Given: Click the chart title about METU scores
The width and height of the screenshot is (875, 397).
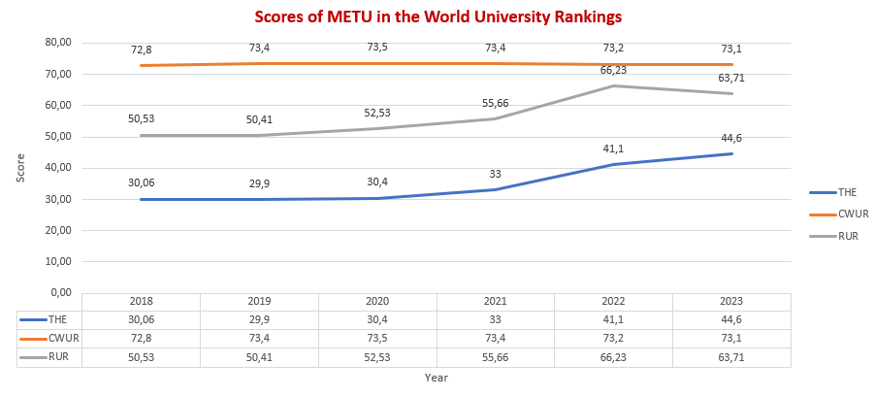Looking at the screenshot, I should coord(437,17).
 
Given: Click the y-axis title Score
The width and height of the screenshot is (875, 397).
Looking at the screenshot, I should coord(21,167).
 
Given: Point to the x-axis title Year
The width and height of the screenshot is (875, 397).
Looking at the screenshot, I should coord(436,378).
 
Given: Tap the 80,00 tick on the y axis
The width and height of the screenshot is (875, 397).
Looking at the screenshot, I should coord(58,43).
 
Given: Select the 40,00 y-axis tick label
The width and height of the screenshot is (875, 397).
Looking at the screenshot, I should coord(58,168).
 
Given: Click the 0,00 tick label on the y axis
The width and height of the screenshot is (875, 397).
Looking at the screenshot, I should coord(61,292).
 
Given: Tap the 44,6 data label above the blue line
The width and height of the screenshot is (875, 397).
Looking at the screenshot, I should coord(731,138).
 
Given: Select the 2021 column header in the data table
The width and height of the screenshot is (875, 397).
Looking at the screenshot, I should coord(496,302).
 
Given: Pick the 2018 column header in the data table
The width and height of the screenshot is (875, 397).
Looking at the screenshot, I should coord(141,302).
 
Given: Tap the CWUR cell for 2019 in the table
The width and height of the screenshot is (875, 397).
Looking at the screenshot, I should coord(259,338).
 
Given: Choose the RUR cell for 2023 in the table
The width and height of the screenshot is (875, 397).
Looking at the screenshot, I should coord(731,356).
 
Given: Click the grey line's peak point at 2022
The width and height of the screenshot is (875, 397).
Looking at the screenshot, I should coord(614,86).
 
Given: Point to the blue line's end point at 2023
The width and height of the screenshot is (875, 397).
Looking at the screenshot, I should coord(731,153).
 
